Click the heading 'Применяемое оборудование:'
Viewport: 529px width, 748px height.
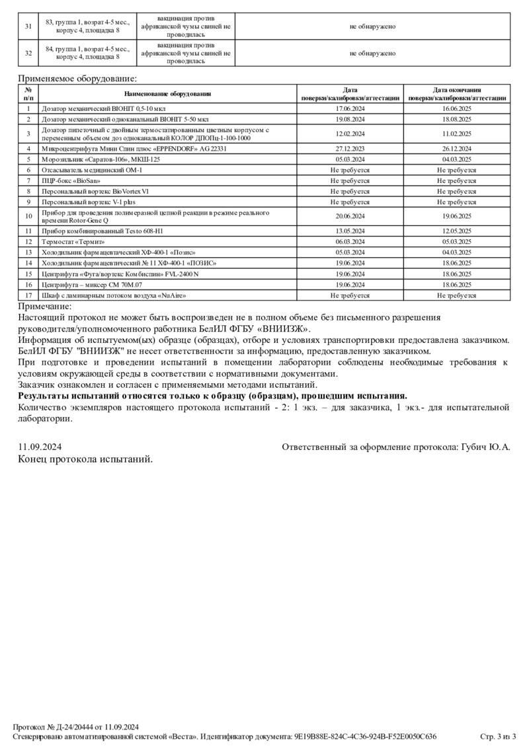pos(68,79)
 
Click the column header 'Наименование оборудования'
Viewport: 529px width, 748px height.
pos(167,94)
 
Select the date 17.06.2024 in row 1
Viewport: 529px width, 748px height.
pos(350,108)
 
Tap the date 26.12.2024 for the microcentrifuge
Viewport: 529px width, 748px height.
pos(457,149)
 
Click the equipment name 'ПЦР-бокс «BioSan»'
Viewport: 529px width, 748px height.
pos(71,180)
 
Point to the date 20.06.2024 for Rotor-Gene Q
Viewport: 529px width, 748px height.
pos(350,216)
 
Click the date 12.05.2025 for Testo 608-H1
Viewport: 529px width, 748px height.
pos(457,231)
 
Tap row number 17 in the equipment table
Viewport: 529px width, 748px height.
pos(28,295)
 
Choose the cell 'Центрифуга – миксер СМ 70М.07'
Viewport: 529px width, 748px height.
pos(92,285)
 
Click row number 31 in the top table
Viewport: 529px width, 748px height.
pos(28,26)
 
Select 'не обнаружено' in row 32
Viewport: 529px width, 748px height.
pos(373,54)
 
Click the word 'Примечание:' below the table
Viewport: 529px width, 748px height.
pos(45,306)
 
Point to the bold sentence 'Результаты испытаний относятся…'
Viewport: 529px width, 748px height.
pos(212,396)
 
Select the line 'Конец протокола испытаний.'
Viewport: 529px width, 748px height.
pos(85,459)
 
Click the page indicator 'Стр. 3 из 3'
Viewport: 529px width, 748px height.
pos(497,736)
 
